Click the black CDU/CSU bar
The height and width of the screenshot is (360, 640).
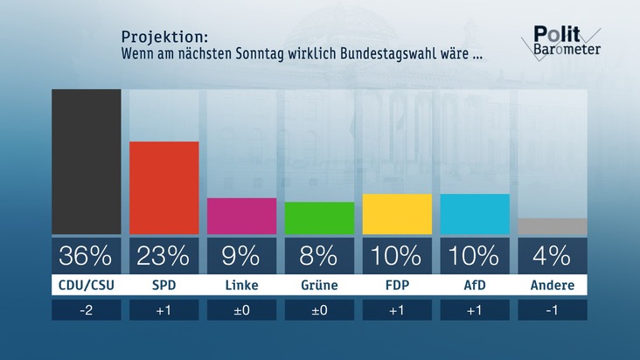pos(87,162)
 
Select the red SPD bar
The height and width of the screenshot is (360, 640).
pos(164,188)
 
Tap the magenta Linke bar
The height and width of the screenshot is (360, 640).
pos(241,216)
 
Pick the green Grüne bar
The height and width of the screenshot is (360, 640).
pos(319,218)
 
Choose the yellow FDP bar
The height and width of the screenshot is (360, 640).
pos(397,214)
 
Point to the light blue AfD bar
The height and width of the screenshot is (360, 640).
pos(475,214)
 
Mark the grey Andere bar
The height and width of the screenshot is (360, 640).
pos(553,226)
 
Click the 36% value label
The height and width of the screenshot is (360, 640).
pos(87,256)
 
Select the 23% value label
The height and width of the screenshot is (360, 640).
pos(164,256)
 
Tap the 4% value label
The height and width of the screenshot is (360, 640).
pos(553,256)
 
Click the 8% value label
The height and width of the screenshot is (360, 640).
pos(319,256)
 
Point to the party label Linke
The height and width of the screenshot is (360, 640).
pos(241,286)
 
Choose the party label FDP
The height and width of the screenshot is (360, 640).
pos(397,286)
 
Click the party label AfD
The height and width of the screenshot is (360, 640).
pos(475,286)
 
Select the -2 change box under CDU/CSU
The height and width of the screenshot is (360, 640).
pos(87,310)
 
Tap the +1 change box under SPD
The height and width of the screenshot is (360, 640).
pos(164,310)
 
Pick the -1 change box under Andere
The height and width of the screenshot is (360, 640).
pos(553,310)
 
